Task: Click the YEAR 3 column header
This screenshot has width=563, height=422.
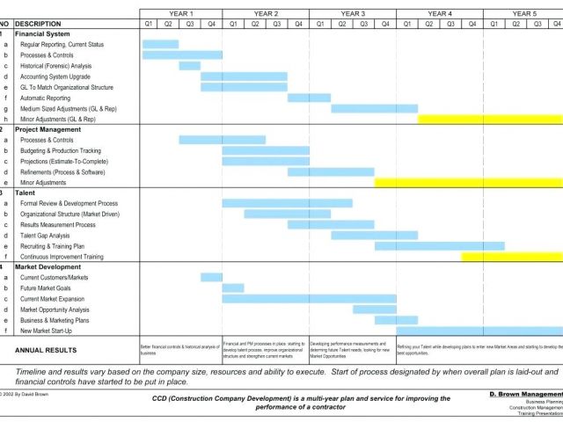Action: tap(353, 14)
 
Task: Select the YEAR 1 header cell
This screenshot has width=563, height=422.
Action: tap(180, 14)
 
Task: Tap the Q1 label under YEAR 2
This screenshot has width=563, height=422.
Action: tap(233, 24)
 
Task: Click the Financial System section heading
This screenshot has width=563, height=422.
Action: tap(41, 33)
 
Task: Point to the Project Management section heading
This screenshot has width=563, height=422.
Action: tap(48, 129)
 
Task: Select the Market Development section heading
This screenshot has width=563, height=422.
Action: tap(49, 266)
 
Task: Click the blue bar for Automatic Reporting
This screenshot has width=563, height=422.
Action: tap(309, 98)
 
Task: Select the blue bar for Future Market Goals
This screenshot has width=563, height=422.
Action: tap(233, 287)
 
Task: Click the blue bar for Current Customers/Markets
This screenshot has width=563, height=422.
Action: tap(211, 277)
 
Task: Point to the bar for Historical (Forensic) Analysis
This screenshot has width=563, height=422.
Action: tap(189, 66)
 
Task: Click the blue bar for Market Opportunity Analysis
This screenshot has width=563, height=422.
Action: tap(374, 309)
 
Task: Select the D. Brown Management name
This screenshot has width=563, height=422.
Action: tap(525, 395)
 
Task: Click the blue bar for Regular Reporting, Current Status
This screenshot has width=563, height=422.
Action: tap(160, 44)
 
